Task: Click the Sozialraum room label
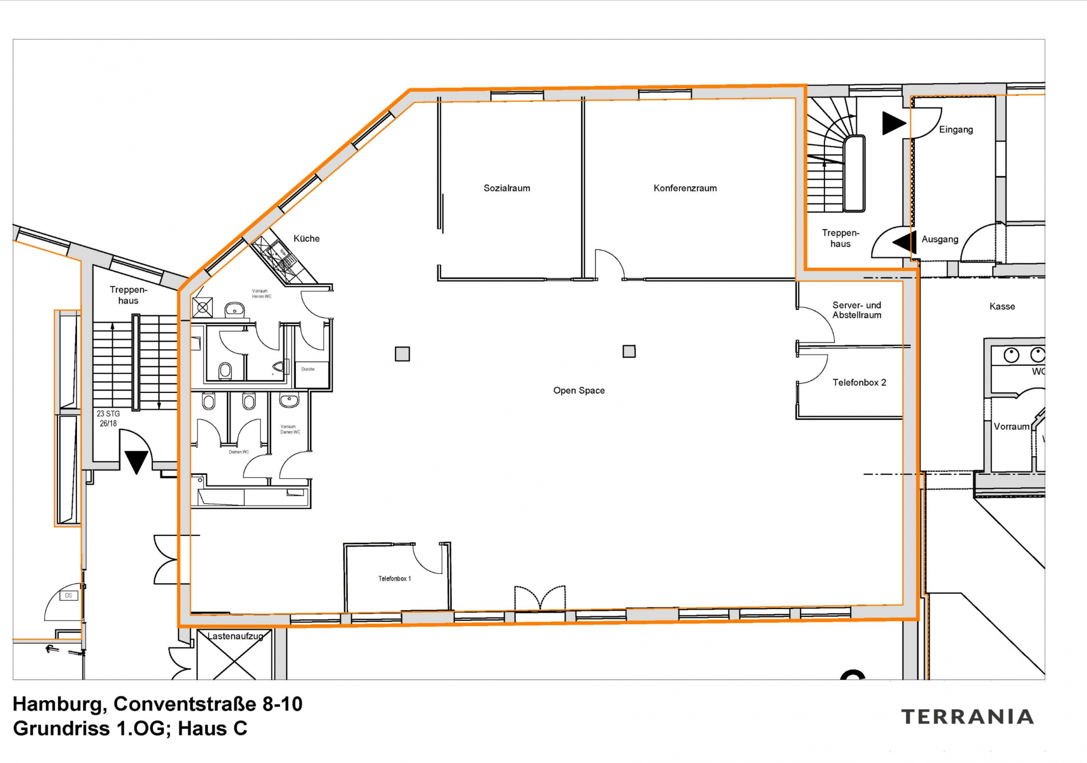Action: tap(507, 188)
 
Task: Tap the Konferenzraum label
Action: tap(684, 188)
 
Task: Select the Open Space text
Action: tap(579, 390)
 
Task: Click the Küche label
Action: tap(306, 238)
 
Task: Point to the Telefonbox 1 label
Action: tap(394, 578)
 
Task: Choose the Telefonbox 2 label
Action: tap(859, 382)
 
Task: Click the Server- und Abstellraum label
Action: tap(856, 310)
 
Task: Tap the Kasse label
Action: tap(1002, 306)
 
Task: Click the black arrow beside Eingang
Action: tap(893, 123)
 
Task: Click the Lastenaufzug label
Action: tap(235, 636)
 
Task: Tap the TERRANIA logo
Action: tap(967, 717)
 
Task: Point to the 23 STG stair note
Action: tap(108, 413)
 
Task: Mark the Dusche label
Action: tap(308, 369)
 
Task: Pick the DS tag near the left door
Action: tap(68, 595)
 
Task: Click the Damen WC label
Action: tap(239, 452)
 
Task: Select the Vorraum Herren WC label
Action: tap(261, 294)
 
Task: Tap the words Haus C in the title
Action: tap(212, 729)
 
